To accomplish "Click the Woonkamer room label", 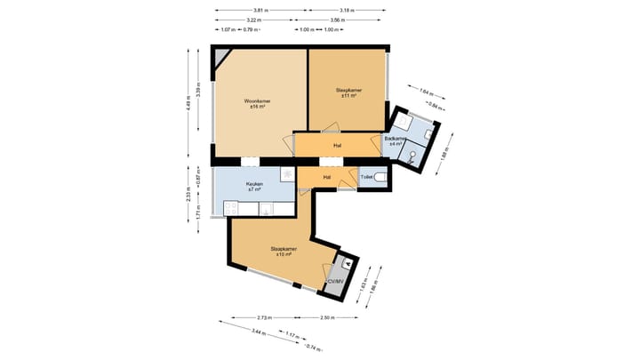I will [x=257, y=103].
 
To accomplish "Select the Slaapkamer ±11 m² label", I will [x=347, y=92].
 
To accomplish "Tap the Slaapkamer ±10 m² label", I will [x=284, y=251].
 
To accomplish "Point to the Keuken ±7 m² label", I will [x=255, y=187].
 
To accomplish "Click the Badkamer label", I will [x=396, y=140].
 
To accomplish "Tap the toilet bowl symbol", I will [x=380, y=178].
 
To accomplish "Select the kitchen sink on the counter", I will [x=266, y=209].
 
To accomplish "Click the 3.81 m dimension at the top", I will [x=258, y=12].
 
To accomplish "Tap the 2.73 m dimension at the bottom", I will [x=264, y=317].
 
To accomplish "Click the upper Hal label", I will [x=338, y=146].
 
